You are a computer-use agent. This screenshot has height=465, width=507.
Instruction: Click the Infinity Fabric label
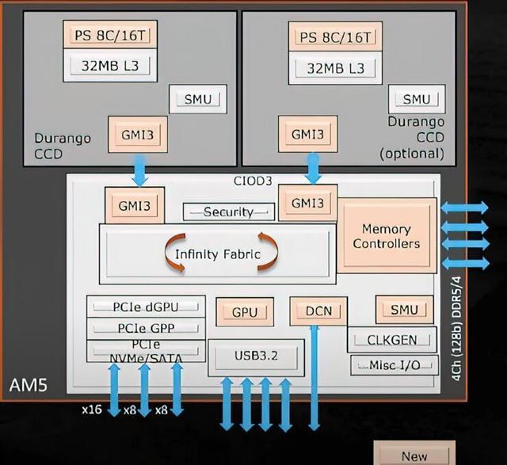(217, 255)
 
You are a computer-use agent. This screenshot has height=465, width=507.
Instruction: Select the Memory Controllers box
(387, 236)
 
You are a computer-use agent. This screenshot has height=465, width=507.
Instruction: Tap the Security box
(228, 212)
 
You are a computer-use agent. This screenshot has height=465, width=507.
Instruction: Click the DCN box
(314, 311)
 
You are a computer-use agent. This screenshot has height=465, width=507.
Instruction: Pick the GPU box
(245, 311)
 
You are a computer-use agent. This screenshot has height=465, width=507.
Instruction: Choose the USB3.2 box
(255, 357)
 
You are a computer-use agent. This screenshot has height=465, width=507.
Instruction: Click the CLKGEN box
(391, 340)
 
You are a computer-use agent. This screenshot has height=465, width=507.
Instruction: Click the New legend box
(414, 455)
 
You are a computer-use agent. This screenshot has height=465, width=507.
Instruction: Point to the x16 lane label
(91, 410)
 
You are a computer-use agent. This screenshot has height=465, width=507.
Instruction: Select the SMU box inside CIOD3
(405, 310)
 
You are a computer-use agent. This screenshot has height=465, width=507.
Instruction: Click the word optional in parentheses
(412, 151)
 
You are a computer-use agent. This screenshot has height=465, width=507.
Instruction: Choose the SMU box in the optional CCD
(416, 99)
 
